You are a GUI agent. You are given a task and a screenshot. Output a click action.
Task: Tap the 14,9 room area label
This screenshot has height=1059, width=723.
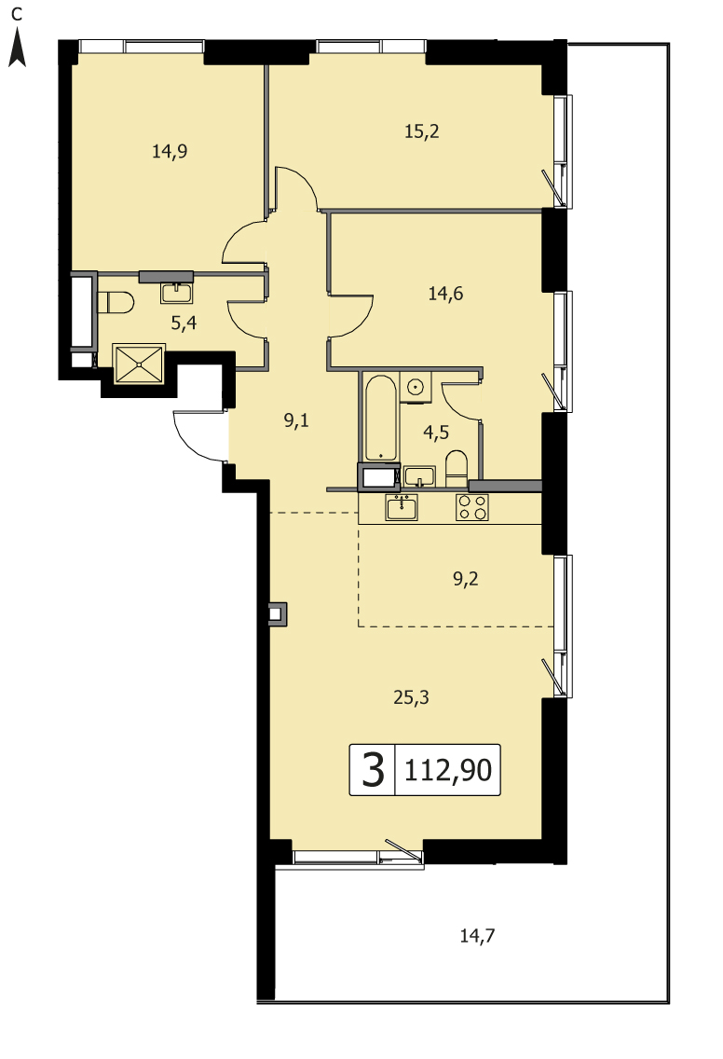pos(170,151)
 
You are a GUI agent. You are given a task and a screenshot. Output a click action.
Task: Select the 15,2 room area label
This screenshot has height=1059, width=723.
pos(422,131)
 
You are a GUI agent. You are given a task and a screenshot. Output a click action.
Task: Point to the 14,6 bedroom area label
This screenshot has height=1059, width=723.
pos(445,293)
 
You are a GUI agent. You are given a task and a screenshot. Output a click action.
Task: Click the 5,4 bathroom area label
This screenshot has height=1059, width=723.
pos(184,323)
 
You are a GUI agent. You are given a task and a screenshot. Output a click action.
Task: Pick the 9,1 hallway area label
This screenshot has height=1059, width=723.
pos(296,420)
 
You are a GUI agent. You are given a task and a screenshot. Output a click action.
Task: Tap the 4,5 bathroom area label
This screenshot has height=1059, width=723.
pos(436,433)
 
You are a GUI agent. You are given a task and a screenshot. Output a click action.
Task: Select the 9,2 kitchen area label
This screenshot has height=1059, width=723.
pos(466,579)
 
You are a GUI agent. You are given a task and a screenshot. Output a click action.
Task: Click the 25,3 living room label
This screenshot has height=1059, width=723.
pos(411,697)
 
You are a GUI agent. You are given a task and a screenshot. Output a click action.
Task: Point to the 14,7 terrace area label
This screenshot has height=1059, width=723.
pos(477,936)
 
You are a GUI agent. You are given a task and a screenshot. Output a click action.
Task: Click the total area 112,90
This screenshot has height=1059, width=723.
pos(448,770)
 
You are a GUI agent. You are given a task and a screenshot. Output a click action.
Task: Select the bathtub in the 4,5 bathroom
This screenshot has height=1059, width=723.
pos(381,418)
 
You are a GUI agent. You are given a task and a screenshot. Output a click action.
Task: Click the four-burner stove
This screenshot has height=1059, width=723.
pos(471,507)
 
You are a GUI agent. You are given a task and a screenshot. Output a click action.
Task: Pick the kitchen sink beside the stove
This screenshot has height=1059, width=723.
pos(402,507)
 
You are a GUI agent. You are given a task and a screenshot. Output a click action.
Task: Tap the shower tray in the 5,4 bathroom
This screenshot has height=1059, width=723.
pos(139,364)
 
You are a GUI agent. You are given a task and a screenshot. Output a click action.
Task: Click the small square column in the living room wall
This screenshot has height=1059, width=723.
pos(277,614)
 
